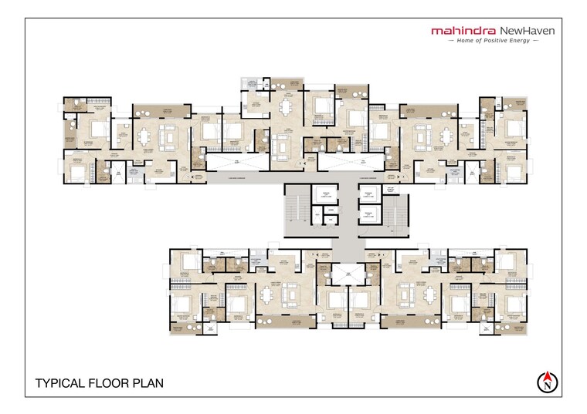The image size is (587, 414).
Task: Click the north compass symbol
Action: (547, 380)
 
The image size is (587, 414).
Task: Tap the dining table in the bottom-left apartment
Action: (268, 294)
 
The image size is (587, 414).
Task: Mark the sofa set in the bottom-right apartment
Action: (405, 294)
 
